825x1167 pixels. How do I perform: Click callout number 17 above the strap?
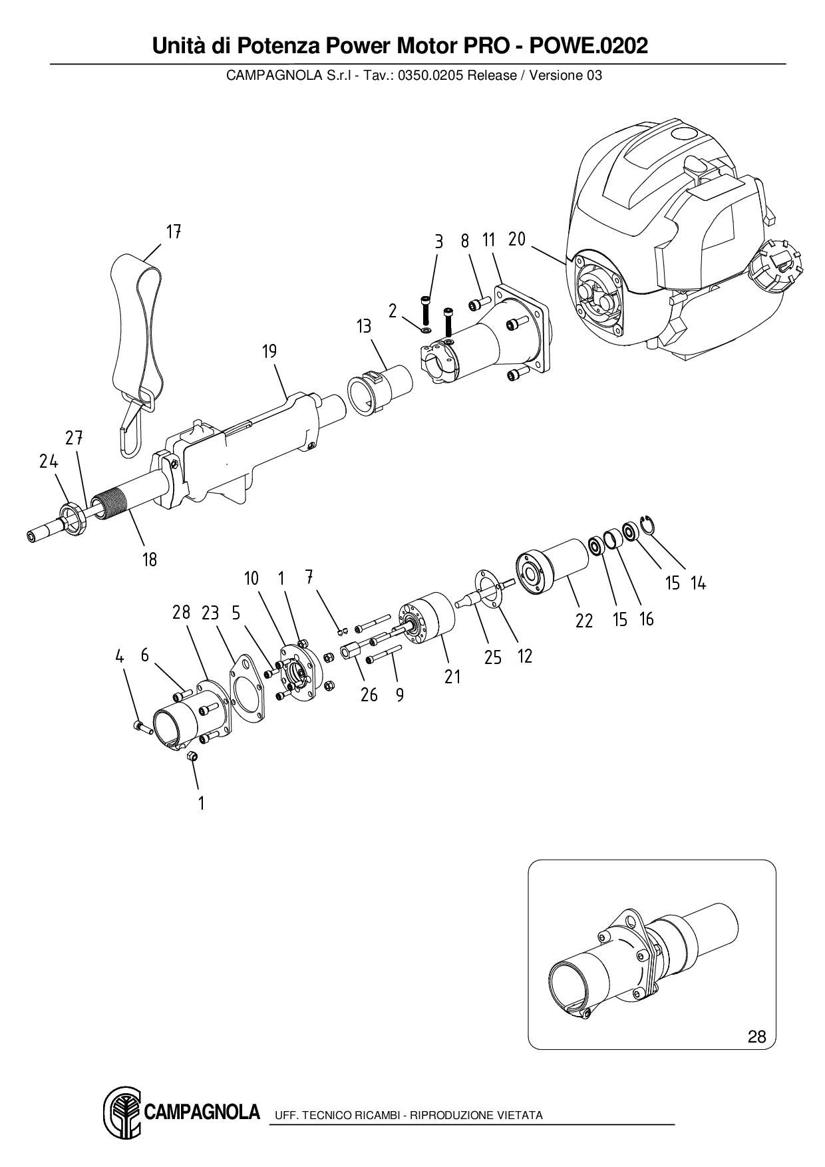[174, 232]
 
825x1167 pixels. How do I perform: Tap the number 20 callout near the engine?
[517, 239]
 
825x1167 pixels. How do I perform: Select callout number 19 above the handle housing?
[269, 351]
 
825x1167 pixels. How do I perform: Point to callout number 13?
[364, 327]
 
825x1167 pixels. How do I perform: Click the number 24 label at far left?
[49, 461]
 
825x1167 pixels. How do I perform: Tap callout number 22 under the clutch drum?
[583, 621]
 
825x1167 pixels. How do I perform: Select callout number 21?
[452, 677]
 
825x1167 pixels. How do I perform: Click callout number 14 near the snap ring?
[698, 583]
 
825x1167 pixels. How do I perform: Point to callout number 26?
[369, 695]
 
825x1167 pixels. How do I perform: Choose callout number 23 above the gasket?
[210, 613]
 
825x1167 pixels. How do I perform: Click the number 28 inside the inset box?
[756, 1036]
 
